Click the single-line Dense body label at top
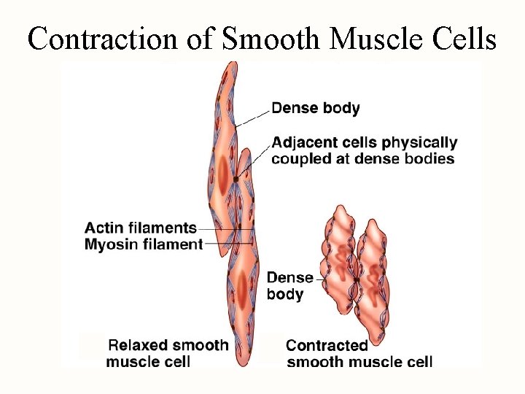tap(315, 109)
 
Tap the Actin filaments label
tap(141, 228)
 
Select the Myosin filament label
tap(143, 244)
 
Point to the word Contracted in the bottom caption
tap(327, 345)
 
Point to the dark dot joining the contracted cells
tap(357, 279)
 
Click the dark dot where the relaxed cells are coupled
tap(236, 179)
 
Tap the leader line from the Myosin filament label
tap(227, 244)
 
